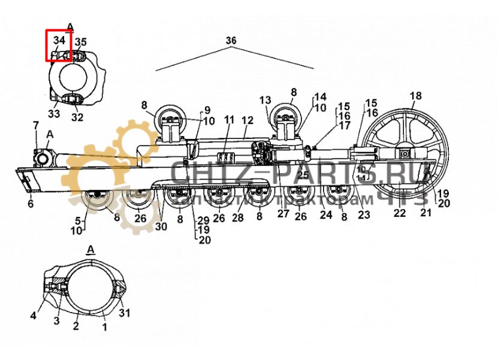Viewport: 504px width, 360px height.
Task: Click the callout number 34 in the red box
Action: (58, 41)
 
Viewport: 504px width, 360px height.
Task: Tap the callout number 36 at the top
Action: (231, 40)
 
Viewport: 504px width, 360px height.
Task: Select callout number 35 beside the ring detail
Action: (80, 42)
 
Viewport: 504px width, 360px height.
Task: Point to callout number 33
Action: (54, 114)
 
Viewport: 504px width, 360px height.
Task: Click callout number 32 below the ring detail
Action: (78, 117)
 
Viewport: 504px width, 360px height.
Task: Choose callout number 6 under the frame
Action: (30, 204)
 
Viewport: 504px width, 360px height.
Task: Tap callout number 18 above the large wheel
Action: (415, 96)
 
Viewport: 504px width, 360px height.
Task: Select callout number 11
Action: (228, 120)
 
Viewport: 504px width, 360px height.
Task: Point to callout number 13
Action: (265, 100)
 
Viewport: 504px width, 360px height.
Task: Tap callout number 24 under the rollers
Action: (325, 214)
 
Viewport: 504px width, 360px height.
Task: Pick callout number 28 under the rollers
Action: (238, 218)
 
